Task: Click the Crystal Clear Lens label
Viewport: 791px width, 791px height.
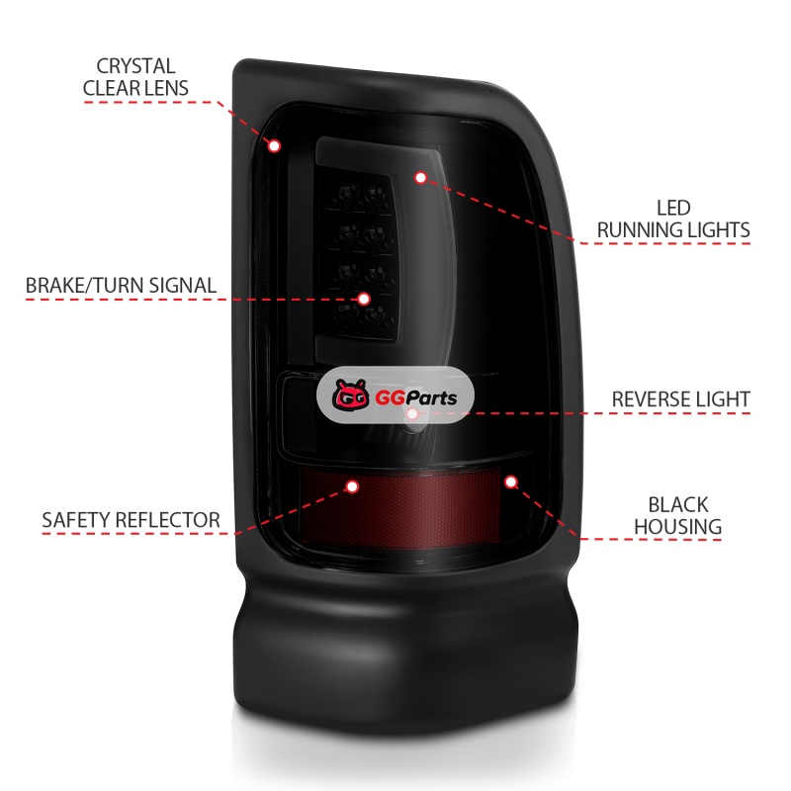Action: click(135, 77)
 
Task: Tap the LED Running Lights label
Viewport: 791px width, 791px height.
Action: click(673, 219)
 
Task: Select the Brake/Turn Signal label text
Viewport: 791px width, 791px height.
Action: click(121, 286)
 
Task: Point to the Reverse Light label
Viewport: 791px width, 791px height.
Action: click(681, 399)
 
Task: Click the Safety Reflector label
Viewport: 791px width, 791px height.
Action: click(132, 520)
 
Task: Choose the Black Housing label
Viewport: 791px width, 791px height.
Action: click(678, 515)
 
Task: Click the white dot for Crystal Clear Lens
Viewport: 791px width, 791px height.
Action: click(275, 146)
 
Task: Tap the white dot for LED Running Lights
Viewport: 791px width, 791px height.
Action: click(421, 178)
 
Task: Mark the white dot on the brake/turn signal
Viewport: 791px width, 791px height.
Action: click(364, 300)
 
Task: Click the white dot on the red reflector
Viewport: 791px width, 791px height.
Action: click(352, 486)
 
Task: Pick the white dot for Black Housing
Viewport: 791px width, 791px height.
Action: click(510, 483)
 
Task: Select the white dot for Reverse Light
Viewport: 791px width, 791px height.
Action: click(412, 413)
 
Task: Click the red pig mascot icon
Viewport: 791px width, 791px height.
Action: click(351, 395)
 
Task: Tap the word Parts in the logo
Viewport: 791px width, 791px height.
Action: click(431, 398)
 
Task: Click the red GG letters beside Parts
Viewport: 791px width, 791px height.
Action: click(390, 398)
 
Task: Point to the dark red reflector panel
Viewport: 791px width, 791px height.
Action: click(399, 506)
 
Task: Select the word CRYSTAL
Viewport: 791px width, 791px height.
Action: click(135, 66)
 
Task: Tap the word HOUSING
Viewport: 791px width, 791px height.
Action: click(678, 527)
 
